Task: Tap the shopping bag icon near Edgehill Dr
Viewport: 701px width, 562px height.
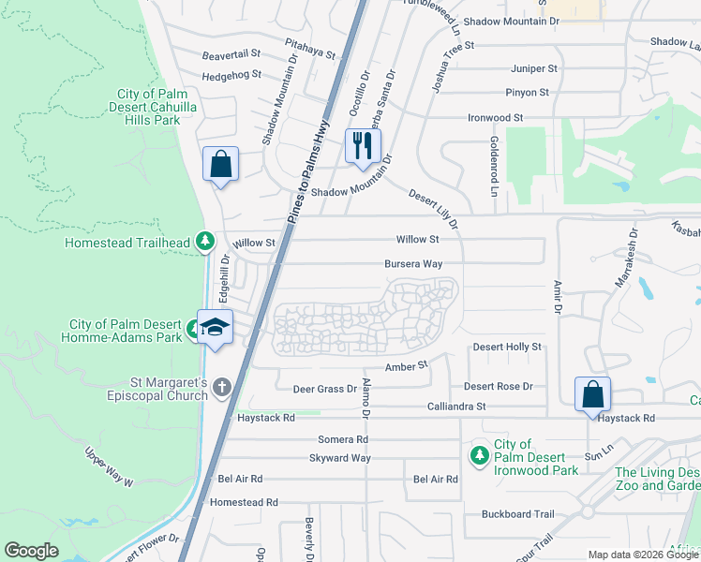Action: point(220,164)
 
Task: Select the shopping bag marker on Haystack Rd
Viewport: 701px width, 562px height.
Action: point(593,393)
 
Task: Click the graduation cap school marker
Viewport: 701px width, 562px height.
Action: point(216,327)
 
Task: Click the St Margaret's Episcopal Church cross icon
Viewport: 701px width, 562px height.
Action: point(221,387)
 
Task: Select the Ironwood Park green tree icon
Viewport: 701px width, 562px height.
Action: point(479,455)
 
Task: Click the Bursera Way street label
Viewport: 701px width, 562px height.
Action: point(413,264)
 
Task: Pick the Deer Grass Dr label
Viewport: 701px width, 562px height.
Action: point(325,388)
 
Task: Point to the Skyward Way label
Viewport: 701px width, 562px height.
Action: point(340,458)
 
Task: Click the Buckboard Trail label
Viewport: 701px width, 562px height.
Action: point(518,514)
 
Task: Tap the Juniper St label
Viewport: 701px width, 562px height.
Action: point(534,68)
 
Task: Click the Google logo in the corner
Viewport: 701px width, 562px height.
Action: point(31,551)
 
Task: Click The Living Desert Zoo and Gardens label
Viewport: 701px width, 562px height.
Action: point(656,479)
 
